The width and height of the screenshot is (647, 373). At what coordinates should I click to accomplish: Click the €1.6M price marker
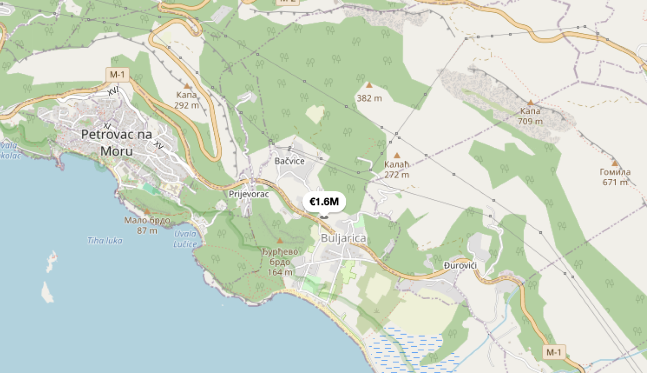click(x=324, y=202)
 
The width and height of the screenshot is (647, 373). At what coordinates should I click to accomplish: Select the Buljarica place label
click(x=343, y=238)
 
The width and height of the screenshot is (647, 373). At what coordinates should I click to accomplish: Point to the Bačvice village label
click(x=290, y=161)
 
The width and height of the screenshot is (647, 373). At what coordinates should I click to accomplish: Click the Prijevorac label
click(x=249, y=194)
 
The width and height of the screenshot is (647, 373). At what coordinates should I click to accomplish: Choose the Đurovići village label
click(x=460, y=266)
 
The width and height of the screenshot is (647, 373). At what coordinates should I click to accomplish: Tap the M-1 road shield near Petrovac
click(x=117, y=75)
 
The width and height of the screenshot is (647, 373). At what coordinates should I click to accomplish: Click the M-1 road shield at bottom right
click(x=554, y=352)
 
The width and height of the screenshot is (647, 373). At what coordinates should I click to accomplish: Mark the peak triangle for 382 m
click(x=369, y=86)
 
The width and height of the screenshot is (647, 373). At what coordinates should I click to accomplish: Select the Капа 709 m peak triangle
click(x=530, y=102)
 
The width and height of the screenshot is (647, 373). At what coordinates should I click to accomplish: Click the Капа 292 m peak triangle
click(x=187, y=86)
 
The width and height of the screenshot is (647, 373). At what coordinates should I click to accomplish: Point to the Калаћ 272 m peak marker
click(x=397, y=155)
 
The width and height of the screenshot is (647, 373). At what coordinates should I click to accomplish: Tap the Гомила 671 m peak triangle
click(x=615, y=163)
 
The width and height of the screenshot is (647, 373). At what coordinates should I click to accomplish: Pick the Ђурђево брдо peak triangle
click(x=280, y=240)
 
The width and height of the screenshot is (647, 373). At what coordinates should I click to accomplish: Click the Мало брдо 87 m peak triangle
click(x=147, y=212)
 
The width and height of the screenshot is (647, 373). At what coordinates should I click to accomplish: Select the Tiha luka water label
click(x=105, y=240)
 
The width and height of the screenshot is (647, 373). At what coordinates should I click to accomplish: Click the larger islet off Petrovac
click(x=47, y=292)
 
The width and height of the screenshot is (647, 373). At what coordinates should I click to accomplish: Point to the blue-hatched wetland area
click(x=409, y=349)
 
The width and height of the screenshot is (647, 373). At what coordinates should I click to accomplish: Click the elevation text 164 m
click(x=280, y=272)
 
